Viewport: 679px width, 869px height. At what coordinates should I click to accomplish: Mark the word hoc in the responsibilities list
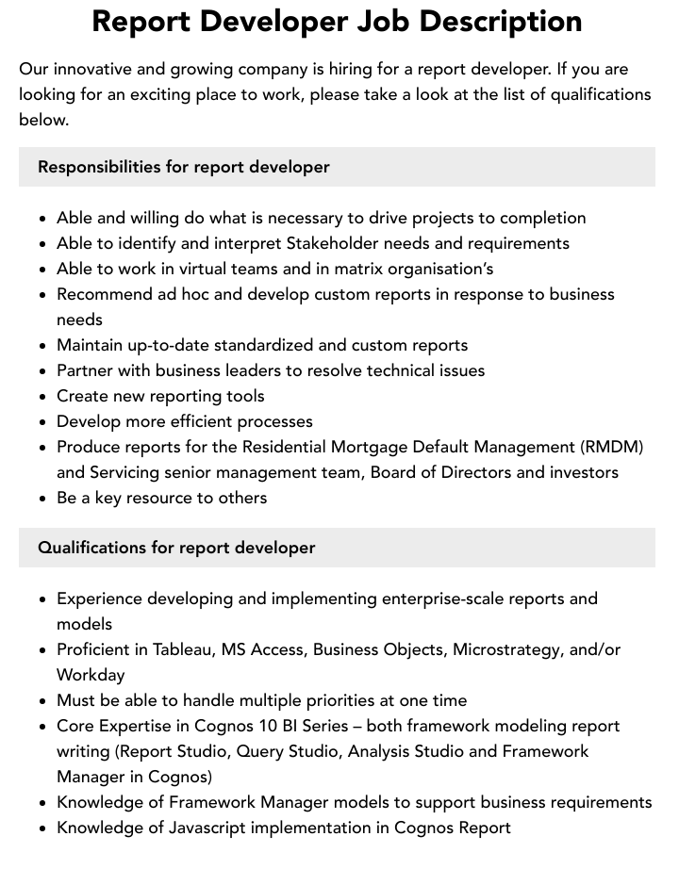(x=191, y=294)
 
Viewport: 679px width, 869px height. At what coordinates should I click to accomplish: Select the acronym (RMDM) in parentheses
(x=612, y=447)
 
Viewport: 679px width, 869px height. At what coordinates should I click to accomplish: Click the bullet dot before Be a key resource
(x=43, y=499)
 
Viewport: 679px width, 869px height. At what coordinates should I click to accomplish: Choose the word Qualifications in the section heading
(x=93, y=548)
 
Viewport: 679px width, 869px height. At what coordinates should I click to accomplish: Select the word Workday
(x=91, y=675)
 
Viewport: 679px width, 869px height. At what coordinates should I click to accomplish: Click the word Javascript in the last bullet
(x=212, y=828)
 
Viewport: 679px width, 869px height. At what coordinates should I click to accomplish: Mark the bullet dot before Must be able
(x=43, y=701)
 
